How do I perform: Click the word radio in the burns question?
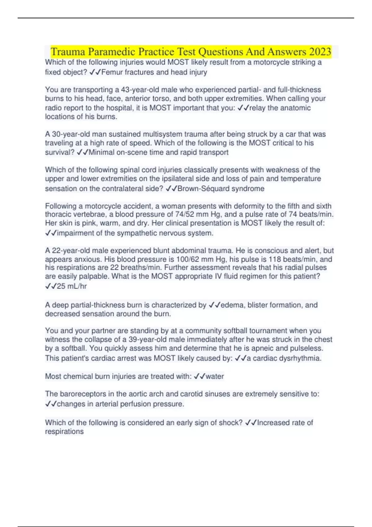pyautogui.click(x=53, y=108)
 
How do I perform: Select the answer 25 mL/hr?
pyautogui.click(x=72, y=286)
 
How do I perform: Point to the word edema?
pyautogui.click(x=232, y=305)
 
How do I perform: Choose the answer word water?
pyautogui.click(x=215, y=376)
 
